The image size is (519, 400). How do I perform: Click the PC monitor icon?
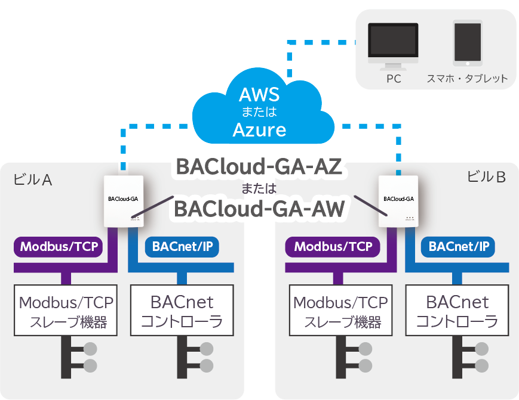point(393,43)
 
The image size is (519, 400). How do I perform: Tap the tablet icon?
point(468,43)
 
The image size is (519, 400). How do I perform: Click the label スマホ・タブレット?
point(467,79)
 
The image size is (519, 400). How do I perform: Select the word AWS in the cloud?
point(259,95)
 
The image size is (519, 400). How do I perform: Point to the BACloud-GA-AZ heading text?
point(259,168)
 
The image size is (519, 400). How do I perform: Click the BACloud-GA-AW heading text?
point(259,209)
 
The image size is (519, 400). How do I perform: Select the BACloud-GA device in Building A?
point(124,201)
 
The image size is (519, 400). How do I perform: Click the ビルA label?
point(31,179)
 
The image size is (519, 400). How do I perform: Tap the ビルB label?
point(486,176)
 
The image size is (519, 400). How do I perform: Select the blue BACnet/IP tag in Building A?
point(183,246)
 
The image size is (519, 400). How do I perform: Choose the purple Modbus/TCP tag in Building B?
point(333,246)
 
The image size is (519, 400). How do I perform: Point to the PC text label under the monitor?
point(393,79)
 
